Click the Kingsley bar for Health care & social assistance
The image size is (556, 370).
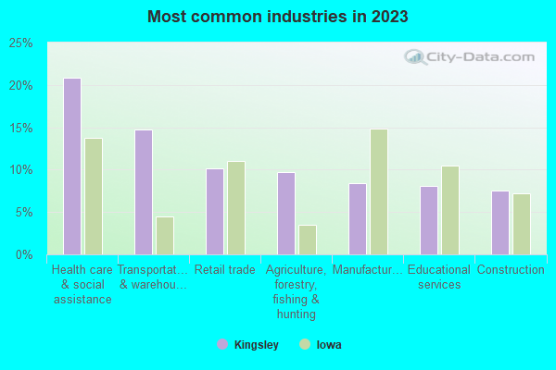click(x=72, y=166)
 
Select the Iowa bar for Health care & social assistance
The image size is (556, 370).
click(x=94, y=196)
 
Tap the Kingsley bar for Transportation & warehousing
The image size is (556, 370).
click(x=144, y=192)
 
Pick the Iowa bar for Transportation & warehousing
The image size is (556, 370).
click(x=165, y=236)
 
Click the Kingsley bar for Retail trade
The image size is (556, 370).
click(x=215, y=212)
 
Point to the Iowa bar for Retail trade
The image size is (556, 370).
click(x=236, y=208)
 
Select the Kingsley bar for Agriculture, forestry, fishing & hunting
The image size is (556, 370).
click(x=286, y=214)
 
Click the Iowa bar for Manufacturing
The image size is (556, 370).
click(x=379, y=191)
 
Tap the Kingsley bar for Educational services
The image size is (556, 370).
click(x=429, y=220)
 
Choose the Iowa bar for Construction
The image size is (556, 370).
click(x=522, y=224)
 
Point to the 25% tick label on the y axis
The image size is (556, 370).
click(x=21, y=43)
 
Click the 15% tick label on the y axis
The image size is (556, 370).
click(x=21, y=128)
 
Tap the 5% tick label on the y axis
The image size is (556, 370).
click(x=24, y=212)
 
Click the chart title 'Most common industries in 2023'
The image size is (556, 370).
click(x=278, y=17)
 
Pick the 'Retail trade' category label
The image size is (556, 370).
click(x=224, y=270)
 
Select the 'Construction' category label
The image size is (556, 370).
click(x=511, y=270)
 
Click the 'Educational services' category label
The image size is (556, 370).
click(x=439, y=277)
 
